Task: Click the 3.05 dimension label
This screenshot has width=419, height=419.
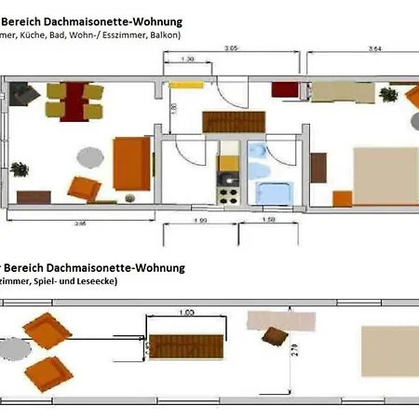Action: point(231,47)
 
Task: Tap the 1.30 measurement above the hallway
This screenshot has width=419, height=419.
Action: point(186,60)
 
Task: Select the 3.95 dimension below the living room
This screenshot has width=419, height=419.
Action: point(81,223)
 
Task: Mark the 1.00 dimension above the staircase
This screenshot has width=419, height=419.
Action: point(186,313)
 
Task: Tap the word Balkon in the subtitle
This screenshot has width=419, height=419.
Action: point(164,34)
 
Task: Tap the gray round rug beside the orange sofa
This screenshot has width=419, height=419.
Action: point(89,155)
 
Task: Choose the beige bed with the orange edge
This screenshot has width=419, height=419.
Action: point(384,173)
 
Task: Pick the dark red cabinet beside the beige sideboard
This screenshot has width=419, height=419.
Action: point(285,89)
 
